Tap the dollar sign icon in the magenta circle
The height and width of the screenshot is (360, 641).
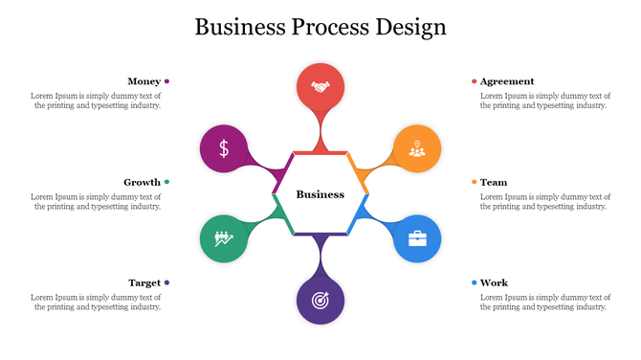coord(224,148)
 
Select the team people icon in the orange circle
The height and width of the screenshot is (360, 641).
coord(417,148)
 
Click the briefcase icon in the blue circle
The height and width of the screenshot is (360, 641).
coord(417,238)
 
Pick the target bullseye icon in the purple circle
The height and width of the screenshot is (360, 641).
coord(320,300)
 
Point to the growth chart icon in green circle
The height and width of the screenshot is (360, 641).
coord(224,238)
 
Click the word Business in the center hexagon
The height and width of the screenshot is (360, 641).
coord(320,194)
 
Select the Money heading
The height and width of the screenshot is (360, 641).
coord(144,81)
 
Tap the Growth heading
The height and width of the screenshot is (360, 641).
coord(142,182)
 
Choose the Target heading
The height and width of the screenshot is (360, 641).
coord(144,282)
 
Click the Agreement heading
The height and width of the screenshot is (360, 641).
coord(507,81)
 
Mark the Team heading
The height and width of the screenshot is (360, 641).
coord(494,182)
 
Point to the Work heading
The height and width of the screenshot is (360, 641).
coord(494,282)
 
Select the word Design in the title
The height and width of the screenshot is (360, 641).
coord(410,26)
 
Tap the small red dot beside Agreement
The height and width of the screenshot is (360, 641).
coord(474,81)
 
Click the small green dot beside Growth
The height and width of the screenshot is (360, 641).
coord(166,182)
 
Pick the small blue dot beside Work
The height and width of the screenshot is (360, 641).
coord(474,282)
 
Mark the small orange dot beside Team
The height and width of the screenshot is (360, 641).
coord(474,182)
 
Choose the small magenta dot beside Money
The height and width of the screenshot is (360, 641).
coord(166,81)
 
